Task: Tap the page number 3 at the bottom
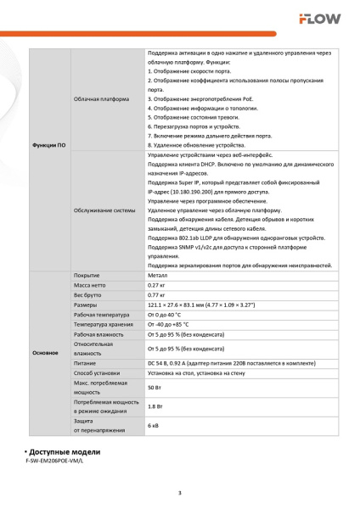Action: pos(179,493)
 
